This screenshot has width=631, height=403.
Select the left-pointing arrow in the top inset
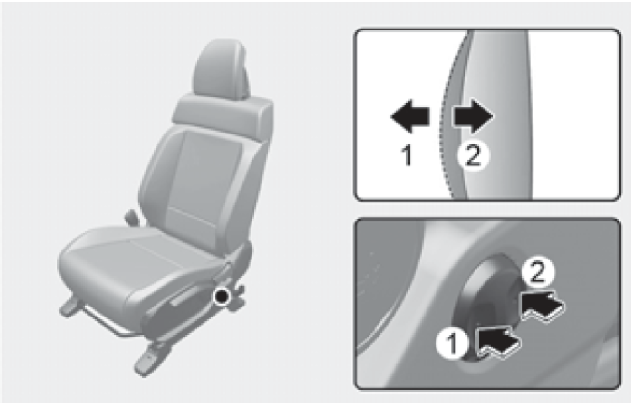411,116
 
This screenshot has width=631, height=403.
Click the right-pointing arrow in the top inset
473,116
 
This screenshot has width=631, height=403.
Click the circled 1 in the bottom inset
452,343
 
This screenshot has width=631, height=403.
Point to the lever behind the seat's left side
131,216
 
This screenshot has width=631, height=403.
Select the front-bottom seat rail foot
146,361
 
